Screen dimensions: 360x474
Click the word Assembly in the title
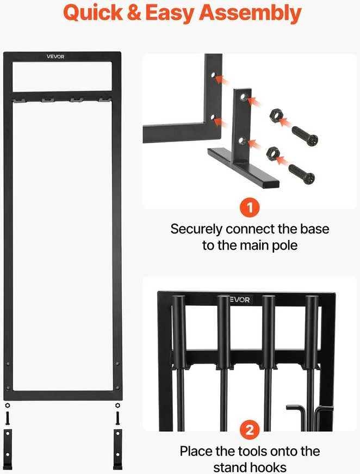pyautogui.click(x=250, y=13)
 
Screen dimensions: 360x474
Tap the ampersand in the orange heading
pyautogui.click(x=134, y=13)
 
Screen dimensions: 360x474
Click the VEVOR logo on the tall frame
pyautogui.click(x=55, y=57)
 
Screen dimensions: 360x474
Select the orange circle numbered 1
pyautogui.click(x=250, y=207)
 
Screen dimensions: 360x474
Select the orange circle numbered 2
pyautogui.click(x=250, y=430)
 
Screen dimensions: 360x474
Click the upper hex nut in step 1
pyautogui.click(x=275, y=115)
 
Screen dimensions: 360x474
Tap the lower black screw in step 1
pyautogui.click(x=301, y=173)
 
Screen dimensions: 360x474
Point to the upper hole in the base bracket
pyautogui.click(x=243, y=97)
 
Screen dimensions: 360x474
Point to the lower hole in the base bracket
pyautogui.click(x=242, y=140)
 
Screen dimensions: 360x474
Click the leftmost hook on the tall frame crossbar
pyautogui.click(x=20, y=100)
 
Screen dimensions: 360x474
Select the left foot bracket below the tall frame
pyautogui.click(x=8, y=449)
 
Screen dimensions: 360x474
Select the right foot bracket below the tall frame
pyautogui.click(x=118, y=449)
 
